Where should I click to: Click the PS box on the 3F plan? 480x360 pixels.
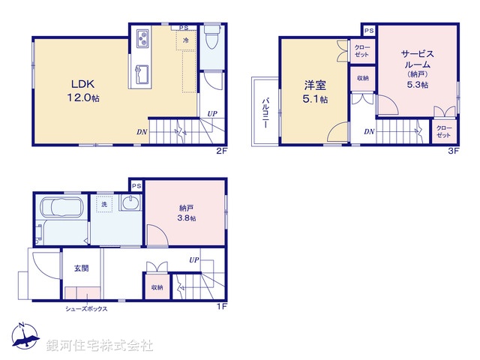[368, 30]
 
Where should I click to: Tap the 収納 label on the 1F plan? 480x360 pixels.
[156, 287]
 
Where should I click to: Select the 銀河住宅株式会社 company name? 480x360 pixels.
[100, 346]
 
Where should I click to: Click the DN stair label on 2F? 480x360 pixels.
[142, 132]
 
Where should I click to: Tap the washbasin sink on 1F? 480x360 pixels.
[130, 204]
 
